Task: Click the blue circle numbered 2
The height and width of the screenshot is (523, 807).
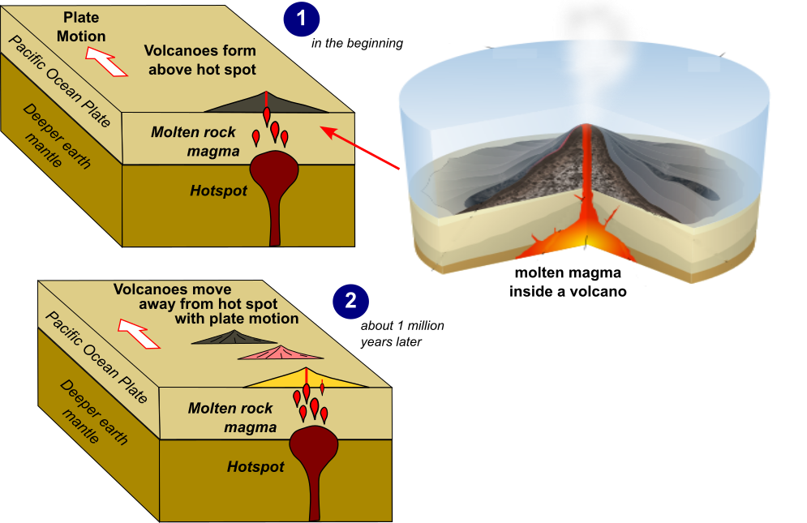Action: pos(350,301)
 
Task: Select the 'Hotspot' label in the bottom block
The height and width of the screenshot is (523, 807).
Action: pos(255,467)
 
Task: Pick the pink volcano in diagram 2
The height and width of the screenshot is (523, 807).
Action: pos(280,354)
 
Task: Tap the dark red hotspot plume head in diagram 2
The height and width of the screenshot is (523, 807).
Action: pos(314,444)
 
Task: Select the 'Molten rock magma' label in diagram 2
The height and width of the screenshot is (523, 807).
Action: pos(232,417)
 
